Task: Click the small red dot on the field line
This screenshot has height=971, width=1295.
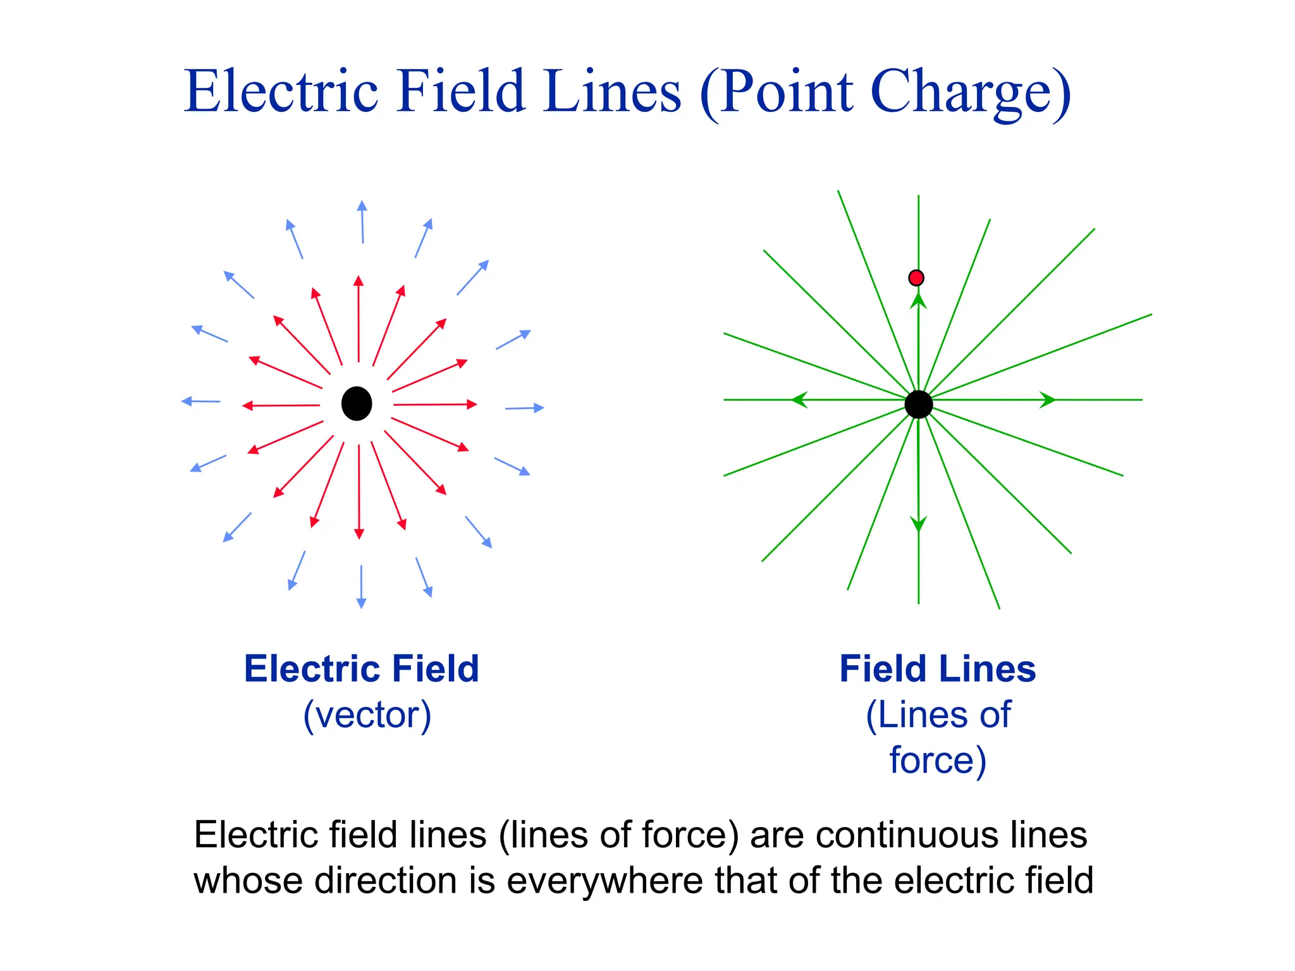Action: (x=916, y=278)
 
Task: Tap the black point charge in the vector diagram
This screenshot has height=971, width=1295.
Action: (x=357, y=403)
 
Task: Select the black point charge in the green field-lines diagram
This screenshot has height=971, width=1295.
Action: (x=918, y=405)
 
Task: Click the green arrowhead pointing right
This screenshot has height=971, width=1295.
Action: (x=1047, y=400)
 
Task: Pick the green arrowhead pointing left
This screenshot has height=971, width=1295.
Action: (x=800, y=400)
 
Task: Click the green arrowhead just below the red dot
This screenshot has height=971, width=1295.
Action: (x=918, y=300)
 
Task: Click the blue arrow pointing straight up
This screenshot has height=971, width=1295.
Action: (x=362, y=222)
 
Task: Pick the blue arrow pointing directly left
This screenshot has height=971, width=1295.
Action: (x=200, y=401)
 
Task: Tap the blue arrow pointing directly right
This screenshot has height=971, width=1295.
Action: (x=525, y=408)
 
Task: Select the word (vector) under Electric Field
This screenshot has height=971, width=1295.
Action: (x=367, y=715)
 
